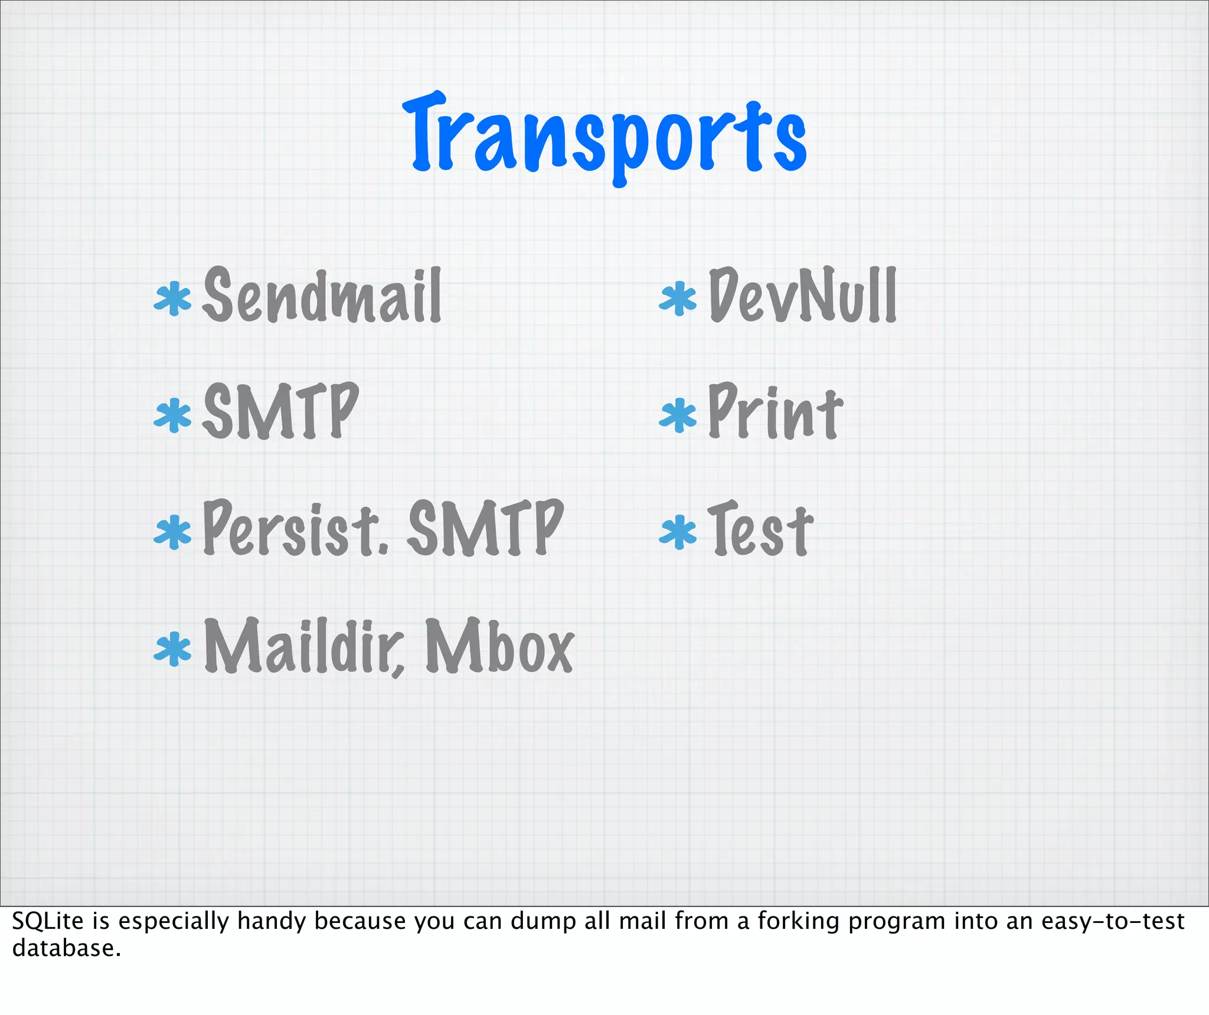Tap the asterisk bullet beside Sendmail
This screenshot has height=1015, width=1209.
click(172, 299)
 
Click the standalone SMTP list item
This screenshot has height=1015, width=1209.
click(280, 411)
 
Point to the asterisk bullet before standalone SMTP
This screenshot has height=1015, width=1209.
click(172, 415)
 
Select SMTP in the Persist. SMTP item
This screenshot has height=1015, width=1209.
click(485, 528)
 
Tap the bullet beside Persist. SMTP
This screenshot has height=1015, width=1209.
click(172, 532)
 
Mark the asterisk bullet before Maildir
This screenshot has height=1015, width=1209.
click(172, 649)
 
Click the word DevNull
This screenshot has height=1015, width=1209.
click(803, 295)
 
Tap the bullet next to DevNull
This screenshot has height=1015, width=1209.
click(678, 299)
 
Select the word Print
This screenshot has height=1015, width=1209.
click(775, 411)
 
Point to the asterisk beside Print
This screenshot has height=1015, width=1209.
click(678, 415)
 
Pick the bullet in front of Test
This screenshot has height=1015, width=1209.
click(678, 532)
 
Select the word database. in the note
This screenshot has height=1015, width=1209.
click(66, 948)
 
